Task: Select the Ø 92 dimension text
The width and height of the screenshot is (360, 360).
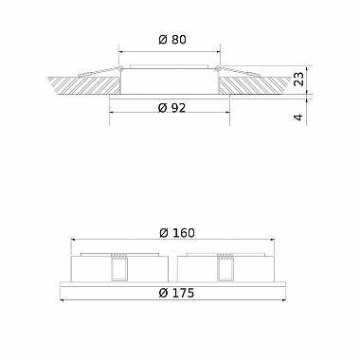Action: [170, 107]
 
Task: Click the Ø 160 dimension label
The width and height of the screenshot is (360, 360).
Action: [177, 233]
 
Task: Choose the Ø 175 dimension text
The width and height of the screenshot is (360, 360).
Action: [176, 293]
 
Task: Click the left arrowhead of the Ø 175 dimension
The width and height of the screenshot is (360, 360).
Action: [63, 302]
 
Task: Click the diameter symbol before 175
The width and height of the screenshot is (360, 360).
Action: [162, 293]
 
